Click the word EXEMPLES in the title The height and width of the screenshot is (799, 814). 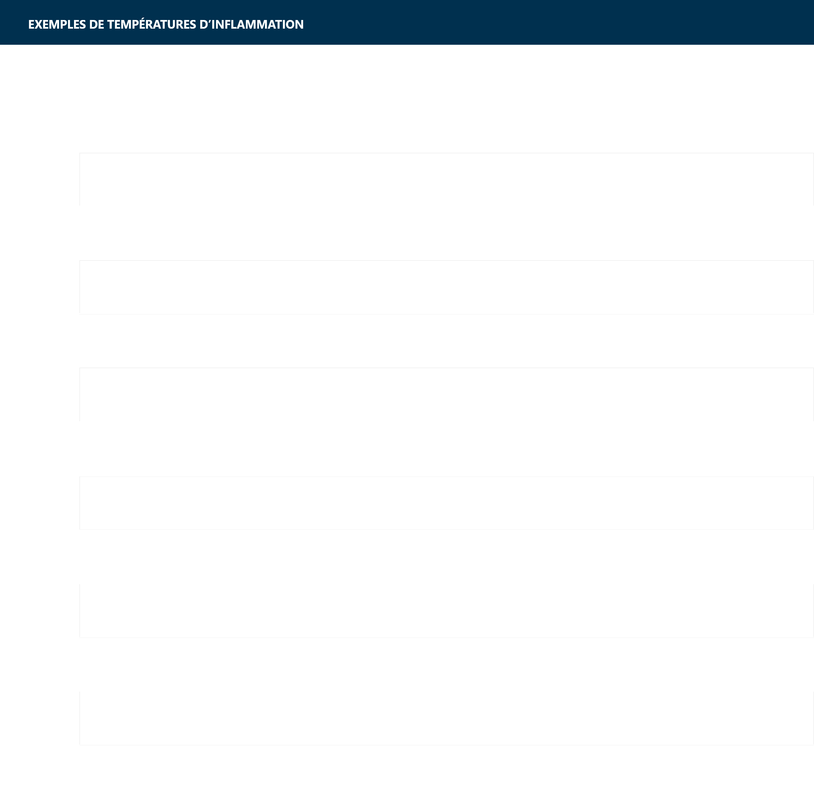pos(57,24)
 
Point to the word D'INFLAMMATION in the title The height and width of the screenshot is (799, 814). pos(251,24)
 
